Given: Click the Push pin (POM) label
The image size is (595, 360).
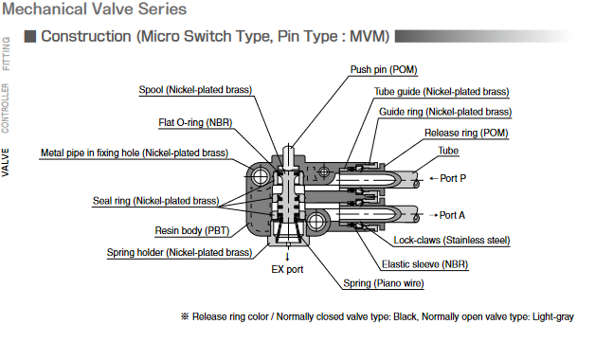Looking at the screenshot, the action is click(384, 70).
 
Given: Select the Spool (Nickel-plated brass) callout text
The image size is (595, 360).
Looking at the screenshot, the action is click(195, 90).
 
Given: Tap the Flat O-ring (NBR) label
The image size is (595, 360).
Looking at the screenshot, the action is click(195, 122).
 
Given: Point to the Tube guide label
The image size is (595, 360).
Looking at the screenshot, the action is click(442, 92).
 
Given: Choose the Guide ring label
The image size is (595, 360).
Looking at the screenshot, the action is click(445, 112).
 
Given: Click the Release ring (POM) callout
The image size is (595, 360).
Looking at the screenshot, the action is click(466, 134).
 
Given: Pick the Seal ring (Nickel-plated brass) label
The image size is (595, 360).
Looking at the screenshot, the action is click(156, 201).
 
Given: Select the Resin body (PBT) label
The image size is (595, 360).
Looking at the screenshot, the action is click(192, 230).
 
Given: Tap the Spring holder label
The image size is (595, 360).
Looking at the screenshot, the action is click(179, 253).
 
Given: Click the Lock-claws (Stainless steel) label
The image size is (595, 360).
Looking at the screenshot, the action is click(452, 240).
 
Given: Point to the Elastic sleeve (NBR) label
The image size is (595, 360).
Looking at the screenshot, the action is click(425, 264).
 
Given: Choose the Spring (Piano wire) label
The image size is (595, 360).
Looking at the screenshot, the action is click(384, 283).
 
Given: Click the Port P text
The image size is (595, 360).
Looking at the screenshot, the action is click(453, 178).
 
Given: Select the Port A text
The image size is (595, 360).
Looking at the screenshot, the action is click(452, 215).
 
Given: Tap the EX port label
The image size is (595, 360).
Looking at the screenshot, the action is click(287, 269).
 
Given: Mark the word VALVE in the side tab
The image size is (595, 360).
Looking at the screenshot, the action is click(6, 162).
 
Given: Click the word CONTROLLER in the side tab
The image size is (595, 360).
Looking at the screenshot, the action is click(6, 109).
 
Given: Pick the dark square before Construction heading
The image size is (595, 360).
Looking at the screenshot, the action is click(30, 36).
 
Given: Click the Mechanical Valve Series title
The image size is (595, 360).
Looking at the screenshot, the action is click(95, 9).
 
